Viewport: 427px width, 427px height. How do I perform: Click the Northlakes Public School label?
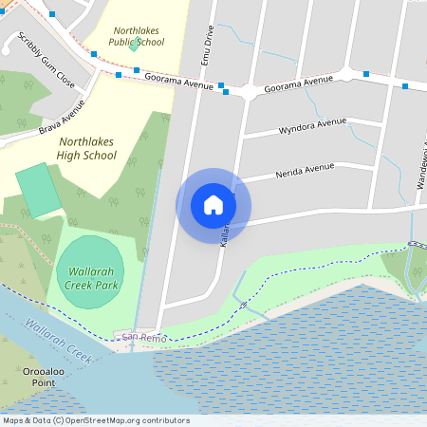pos(137,37)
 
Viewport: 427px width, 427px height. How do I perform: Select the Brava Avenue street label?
pos(62,117)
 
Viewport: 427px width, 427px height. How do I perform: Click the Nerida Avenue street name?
pos(305,170)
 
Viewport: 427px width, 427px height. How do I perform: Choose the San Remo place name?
pos(135,337)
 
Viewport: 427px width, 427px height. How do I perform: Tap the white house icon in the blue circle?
pos(213,205)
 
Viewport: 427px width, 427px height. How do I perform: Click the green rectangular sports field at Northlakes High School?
pos(38,189)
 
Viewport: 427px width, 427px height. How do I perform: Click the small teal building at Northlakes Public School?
pos(136,45)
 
